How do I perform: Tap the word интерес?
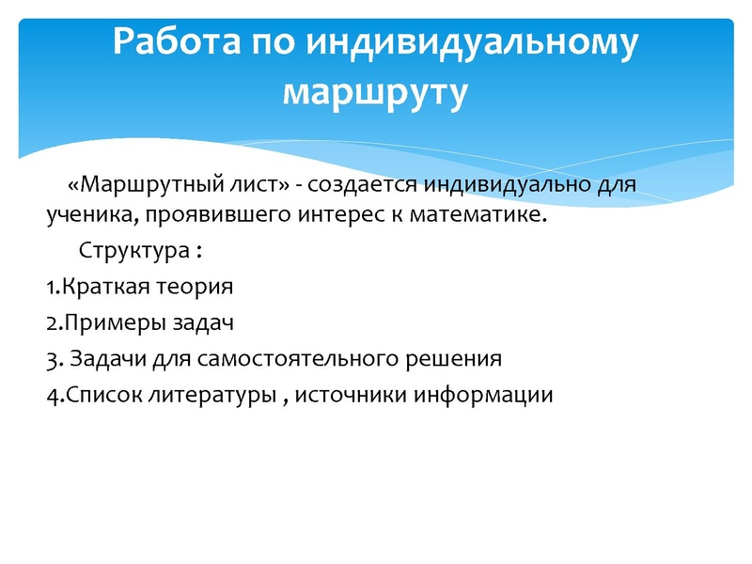pos(309,217)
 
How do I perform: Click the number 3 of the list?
pos(50,358)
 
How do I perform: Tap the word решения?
pos(455,358)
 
